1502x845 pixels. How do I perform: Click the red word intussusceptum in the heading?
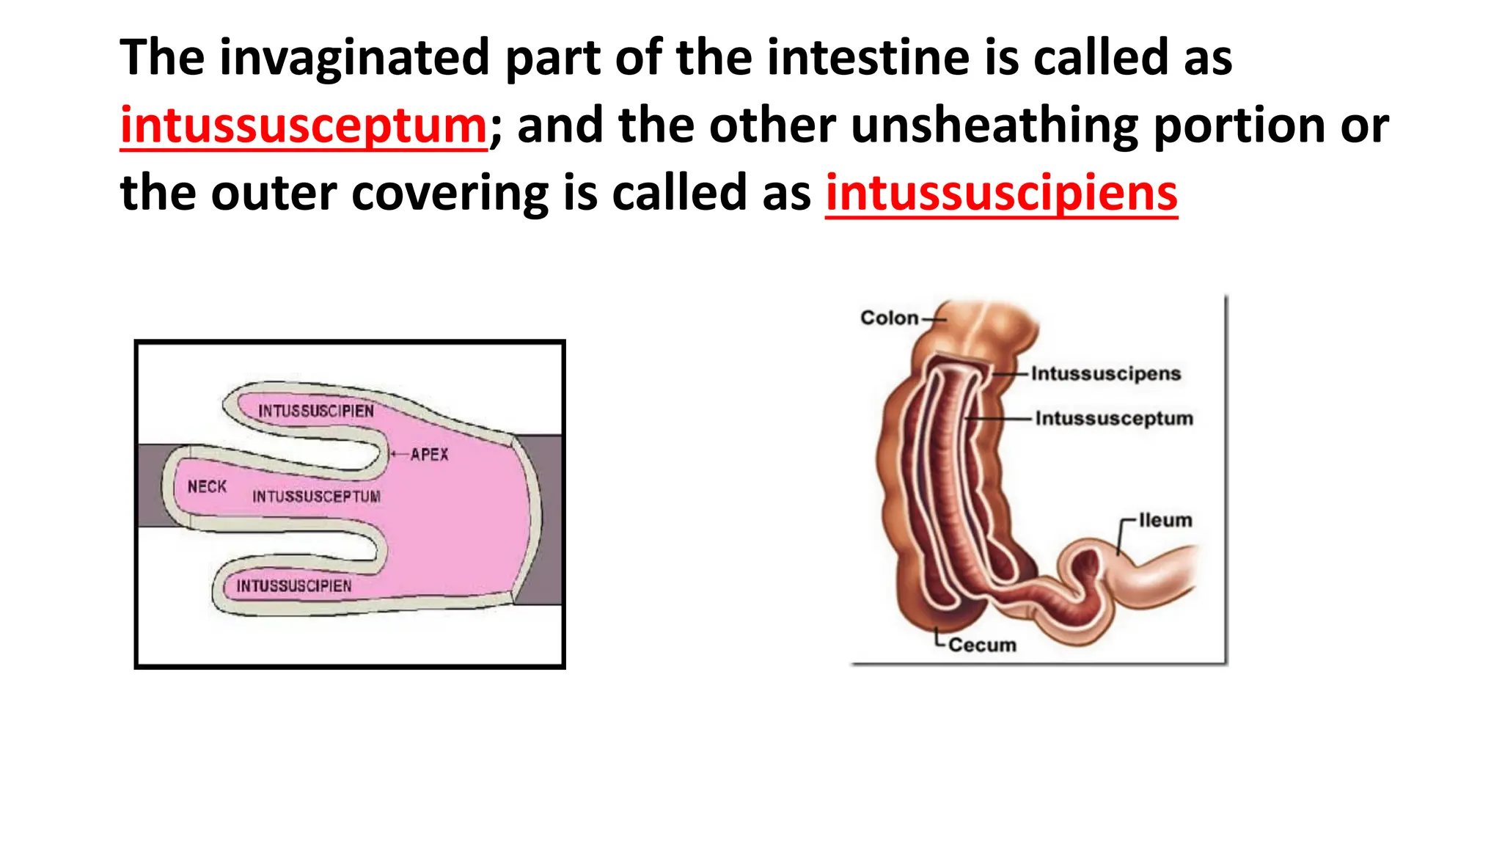pyautogui.click(x=304, y=125)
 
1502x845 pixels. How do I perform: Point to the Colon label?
pyautogui.click(x=889, y=318)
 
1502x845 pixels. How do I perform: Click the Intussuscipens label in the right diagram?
pyautogui.click(x=1105, y=373)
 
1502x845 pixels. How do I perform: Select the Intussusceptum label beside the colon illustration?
pyautogui.click(x=1113, y=418)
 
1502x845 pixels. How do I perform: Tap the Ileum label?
pyautogui.click(x=1165, y=520)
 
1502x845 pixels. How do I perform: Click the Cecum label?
pyautogui.click(x=982, y=645)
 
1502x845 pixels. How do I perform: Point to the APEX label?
pyautogui.click(x=429, y=455)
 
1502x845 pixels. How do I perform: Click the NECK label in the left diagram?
pyautogui.click(x=207, y=487)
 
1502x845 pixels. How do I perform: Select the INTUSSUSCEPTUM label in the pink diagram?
pyautogui.click(x=316, y=497)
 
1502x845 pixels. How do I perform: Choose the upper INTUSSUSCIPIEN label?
pyautogui.click(x=315, y=411)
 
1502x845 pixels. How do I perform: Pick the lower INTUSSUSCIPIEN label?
pyautogui.click(x=293, y=586)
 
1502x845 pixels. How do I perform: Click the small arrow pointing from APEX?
pyautogui.click(x=398, y=455)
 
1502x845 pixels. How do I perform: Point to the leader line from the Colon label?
pyautogui.click(x=934, y=319)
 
